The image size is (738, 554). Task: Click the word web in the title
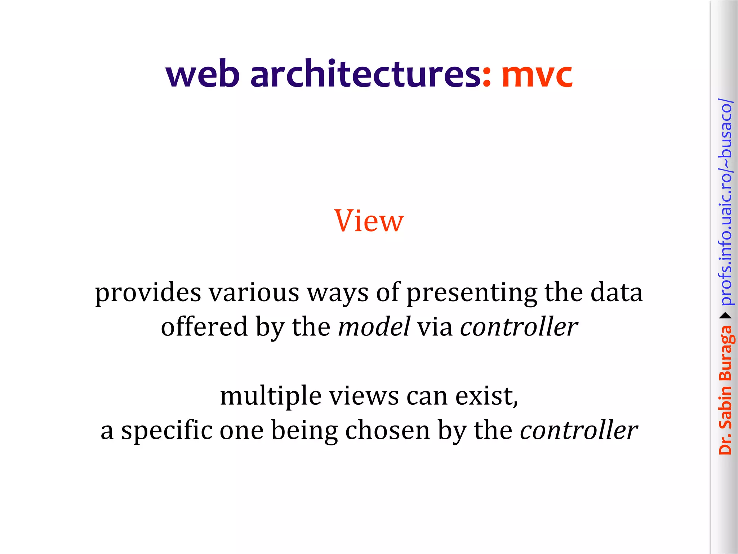coord(203,75)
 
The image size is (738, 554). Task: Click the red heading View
coord(369,221)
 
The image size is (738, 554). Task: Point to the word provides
coord(148,293)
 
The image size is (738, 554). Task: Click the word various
coord(254,293)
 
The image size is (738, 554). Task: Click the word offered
coord(204,327)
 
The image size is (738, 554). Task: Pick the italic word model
coord(374,327)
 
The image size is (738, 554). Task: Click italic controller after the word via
coord(519,327)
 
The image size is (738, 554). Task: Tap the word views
coord(364,396)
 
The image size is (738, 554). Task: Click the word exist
coord(486,396)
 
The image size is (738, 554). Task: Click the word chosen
coord(387,430)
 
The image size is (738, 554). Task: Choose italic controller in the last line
coord(579,430)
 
